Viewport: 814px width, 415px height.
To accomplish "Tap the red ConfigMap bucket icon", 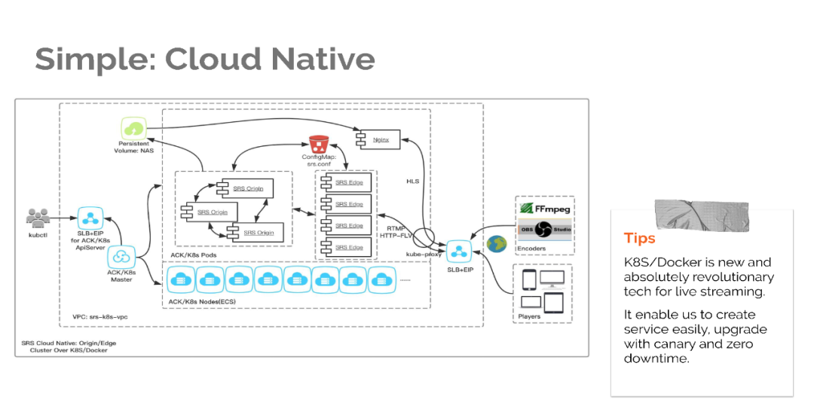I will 317,143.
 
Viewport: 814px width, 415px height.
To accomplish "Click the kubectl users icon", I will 38,218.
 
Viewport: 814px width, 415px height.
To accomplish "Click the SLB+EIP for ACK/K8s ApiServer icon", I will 91,218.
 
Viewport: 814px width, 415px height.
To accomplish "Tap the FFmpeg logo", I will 544,208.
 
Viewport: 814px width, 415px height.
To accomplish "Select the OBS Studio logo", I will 544,230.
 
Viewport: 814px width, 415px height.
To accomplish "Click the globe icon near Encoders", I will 496,244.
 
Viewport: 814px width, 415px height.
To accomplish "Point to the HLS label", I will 413,182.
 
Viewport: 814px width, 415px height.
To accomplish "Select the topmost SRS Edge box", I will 348,182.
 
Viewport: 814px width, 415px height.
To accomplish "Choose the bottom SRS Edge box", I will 348,247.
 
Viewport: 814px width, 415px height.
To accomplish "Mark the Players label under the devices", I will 529,316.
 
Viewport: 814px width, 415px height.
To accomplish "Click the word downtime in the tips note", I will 656,359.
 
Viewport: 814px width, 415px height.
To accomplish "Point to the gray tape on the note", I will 685,215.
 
